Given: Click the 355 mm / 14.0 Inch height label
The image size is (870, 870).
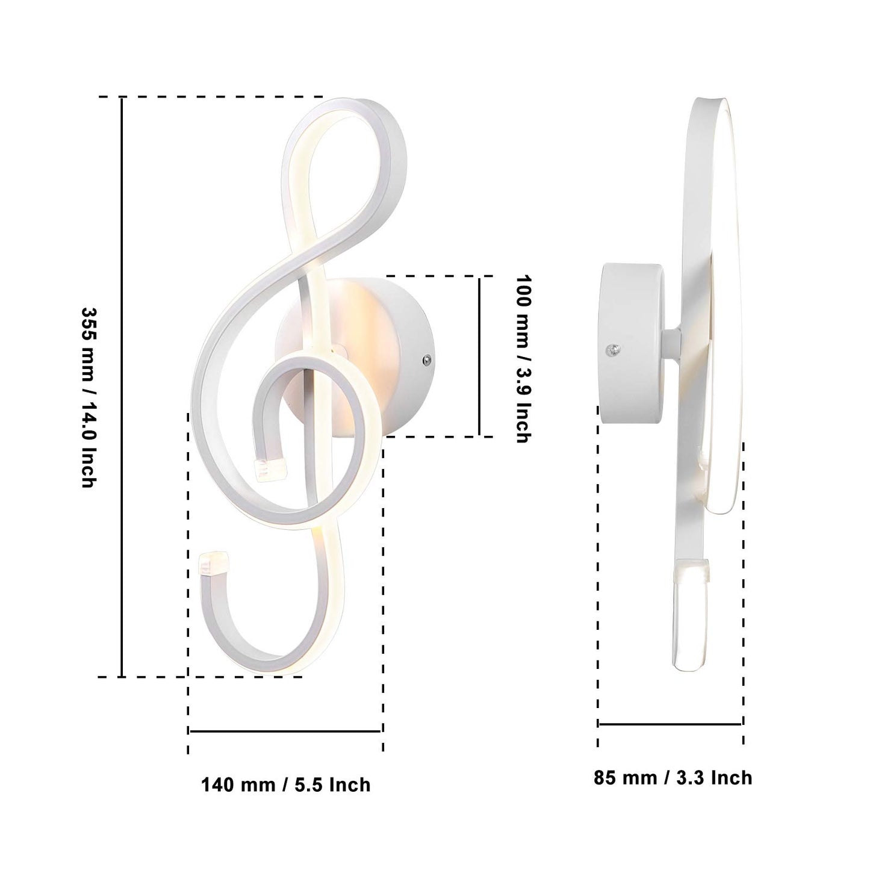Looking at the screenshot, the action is pyautogui.click(x=89, y=397).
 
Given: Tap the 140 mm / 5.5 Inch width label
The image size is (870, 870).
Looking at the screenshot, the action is pyautogui.click(x=286, y=785).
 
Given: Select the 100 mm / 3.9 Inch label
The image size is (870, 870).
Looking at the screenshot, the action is pyautogui.click(x=524, y=359).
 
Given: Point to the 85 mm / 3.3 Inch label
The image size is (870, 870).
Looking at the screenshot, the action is pyautogui.click(x=673, y=778).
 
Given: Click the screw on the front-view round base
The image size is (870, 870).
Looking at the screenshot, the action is pyautogui.click(x=426, y=360).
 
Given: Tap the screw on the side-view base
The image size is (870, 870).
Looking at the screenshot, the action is pyautogui.click(x=613, y=349).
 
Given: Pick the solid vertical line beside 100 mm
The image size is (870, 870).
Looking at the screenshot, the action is pyautogui.click(x=479, y=356).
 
